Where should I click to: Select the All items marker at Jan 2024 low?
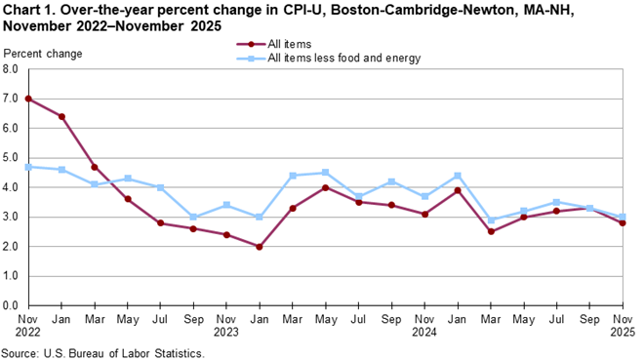click(259, 247)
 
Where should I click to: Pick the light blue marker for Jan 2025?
click(457, 176)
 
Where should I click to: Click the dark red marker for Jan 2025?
click(457, 190)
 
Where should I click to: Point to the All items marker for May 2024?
click(325, 187)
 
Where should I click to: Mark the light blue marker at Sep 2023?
click(193, 217)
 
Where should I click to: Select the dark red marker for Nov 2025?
click(623, 222)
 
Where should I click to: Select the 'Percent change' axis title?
click(41, 53)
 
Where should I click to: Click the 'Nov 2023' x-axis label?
click(225, 326)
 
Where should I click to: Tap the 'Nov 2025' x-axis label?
click(622, 326)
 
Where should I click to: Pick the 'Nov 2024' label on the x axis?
click(423, 326)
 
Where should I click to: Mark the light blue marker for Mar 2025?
click(490, 220)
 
